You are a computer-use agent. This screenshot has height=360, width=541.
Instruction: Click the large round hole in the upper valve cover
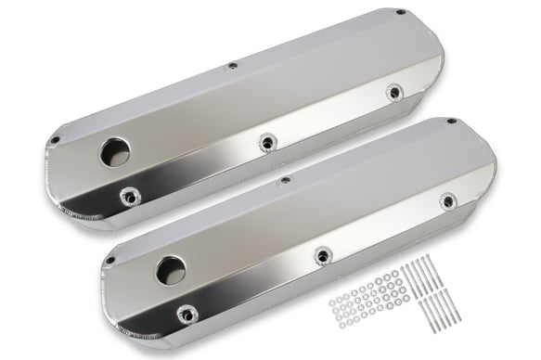115,152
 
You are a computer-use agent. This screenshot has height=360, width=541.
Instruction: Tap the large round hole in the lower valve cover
170,270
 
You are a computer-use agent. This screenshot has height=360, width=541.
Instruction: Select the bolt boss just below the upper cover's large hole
129,196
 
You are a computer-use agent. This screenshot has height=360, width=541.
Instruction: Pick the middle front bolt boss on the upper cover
267,142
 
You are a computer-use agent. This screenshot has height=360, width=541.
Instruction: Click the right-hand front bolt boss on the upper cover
394,92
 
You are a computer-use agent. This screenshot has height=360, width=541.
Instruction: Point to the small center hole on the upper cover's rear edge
232,66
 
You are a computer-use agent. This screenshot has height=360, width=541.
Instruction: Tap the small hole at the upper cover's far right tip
400,13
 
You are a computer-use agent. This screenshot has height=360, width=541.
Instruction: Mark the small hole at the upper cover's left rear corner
56,140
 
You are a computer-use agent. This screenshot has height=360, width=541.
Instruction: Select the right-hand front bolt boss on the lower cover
447,200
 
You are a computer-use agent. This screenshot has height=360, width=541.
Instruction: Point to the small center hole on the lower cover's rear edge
286,180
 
